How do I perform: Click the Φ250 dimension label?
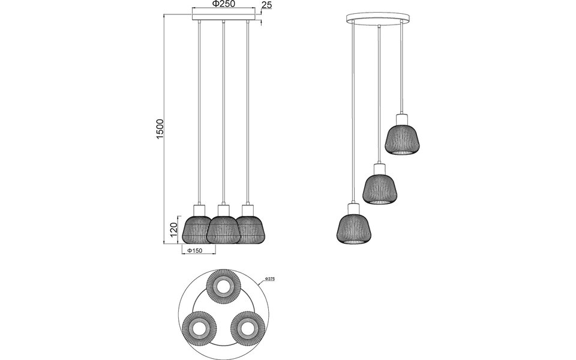[x=223, y=4]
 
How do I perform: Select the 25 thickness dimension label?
[x=268, y=5]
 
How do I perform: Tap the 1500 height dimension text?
[x=160, y=129]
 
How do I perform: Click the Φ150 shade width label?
[x=193, y=251]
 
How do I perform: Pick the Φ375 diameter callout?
[x=269, y=280]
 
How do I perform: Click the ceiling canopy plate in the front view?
[x=223, y=20]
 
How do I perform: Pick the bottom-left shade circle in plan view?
[x=199, y=328]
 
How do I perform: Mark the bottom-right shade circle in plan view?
[x=247, y=328]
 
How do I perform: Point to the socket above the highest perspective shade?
[x=401, y=118]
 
